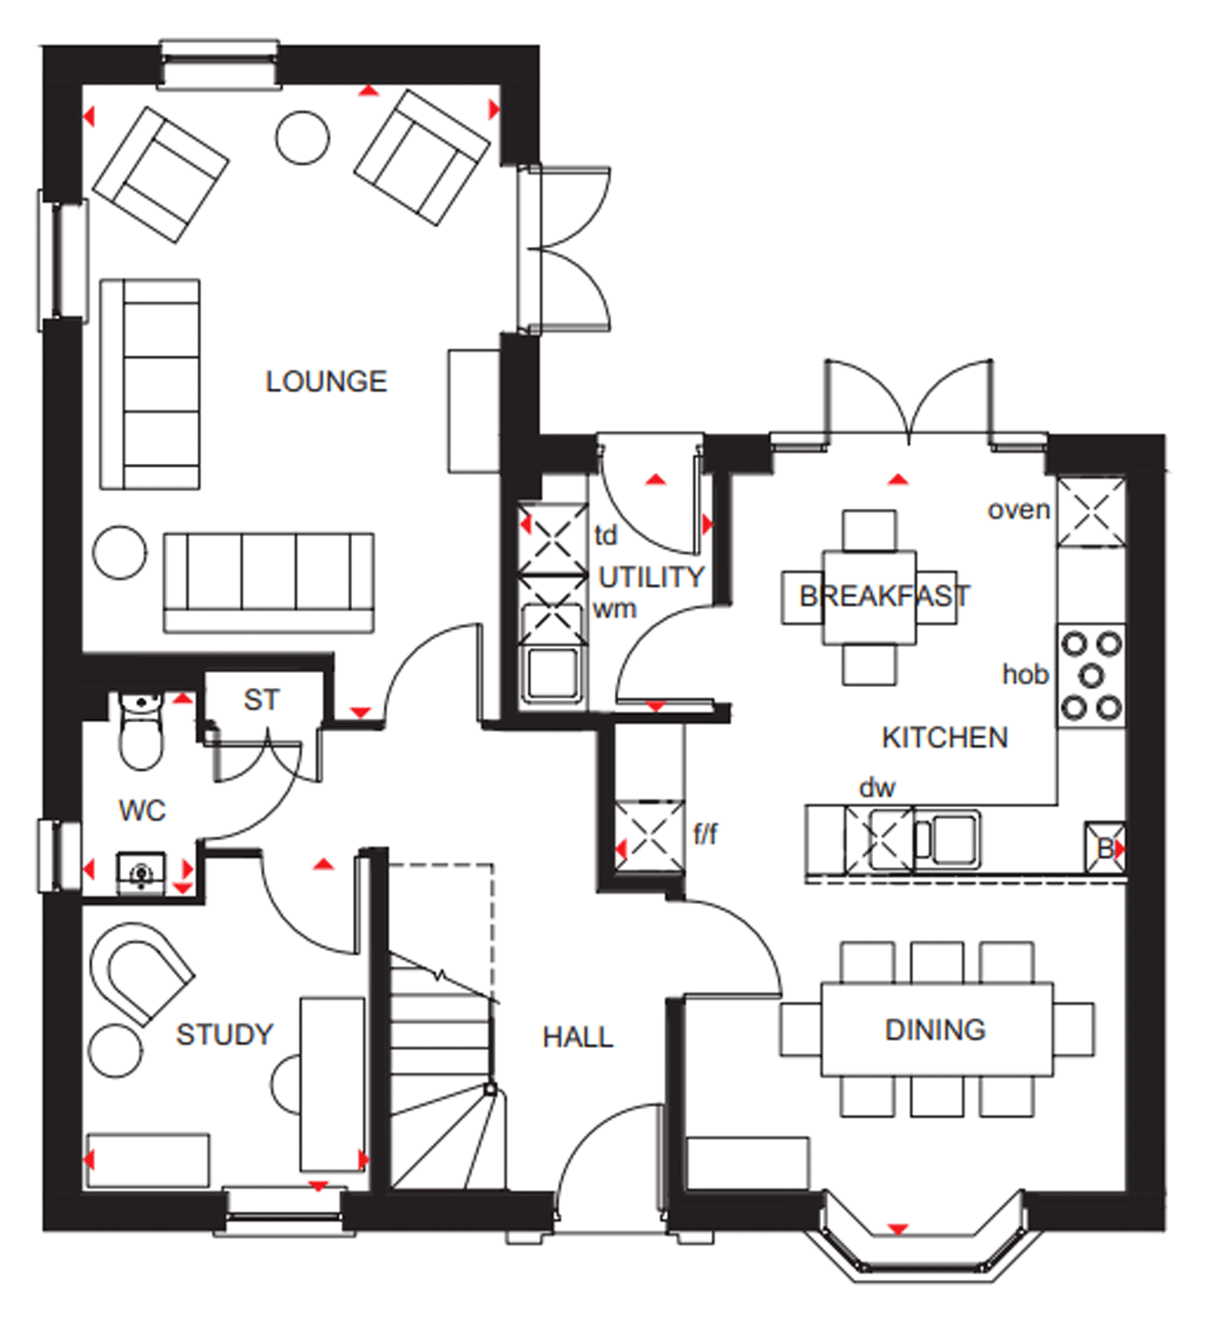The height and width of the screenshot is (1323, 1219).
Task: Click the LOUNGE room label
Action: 325,381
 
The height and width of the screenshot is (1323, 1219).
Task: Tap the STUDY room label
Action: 224,1034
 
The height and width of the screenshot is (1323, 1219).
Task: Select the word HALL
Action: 577,1036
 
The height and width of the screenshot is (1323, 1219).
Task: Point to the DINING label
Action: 935,1029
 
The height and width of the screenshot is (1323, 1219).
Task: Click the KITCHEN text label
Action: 944,737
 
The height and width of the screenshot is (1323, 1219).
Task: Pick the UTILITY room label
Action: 651,577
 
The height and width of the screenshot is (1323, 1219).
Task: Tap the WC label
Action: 142,810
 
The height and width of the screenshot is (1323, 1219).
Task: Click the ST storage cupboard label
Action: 261,699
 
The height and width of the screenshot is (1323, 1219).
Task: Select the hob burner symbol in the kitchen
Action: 1091,676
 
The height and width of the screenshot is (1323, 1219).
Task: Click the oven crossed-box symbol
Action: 1091,512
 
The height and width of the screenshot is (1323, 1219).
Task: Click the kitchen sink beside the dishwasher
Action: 948,837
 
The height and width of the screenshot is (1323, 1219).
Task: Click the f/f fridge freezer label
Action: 705,833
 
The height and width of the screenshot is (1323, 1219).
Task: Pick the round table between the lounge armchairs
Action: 303,138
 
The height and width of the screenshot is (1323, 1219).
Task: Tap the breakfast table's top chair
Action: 869,531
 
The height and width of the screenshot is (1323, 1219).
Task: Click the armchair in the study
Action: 141,970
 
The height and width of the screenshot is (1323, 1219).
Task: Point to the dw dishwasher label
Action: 877,787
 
